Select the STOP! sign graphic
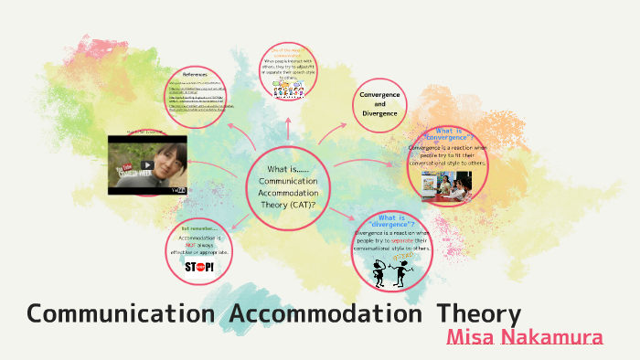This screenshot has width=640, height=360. [x=198, y=267]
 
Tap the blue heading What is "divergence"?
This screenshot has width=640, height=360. [x=391, y=220]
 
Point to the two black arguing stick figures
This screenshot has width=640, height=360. [x=390, y=270]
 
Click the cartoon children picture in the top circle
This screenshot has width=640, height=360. [x=289, y=89]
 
